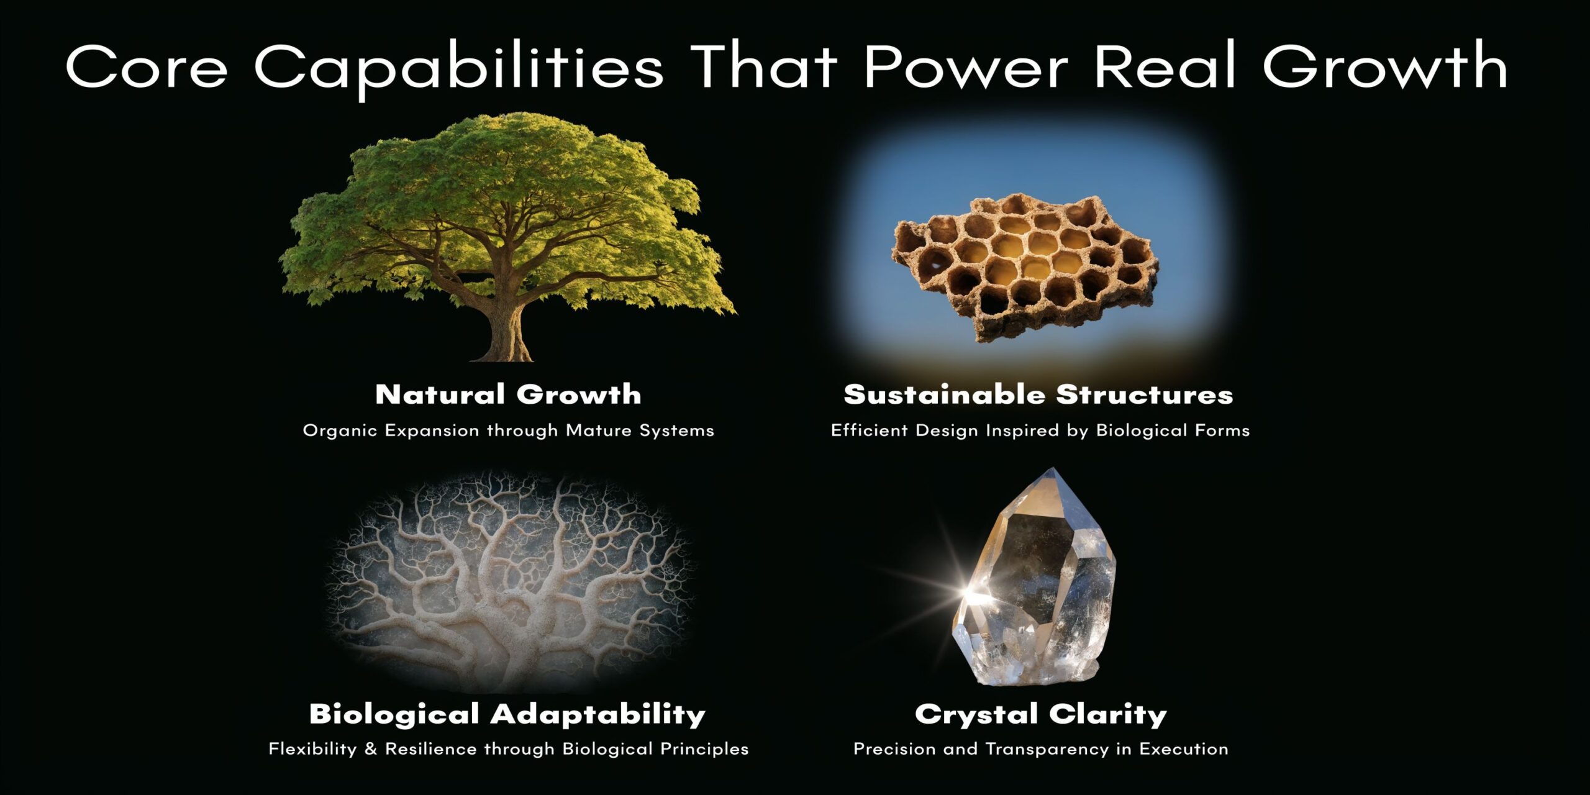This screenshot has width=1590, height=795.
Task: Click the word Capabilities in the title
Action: click(x=458, y=67)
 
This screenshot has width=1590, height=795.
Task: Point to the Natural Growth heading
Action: click(x=508, y=394)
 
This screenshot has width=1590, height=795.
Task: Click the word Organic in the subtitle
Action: click(x=340, y=430)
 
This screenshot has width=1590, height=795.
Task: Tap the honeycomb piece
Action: click(x=1025, y=267)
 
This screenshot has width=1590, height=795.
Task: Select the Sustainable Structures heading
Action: click(x=1038, y=394)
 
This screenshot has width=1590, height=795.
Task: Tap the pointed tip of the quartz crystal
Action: click(x=1052, y=472)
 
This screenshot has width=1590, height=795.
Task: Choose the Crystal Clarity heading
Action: click(x=1040, y=714)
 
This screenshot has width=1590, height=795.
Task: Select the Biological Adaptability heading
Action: click(x=507, y=714)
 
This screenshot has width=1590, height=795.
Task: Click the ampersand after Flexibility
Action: click(x=371, y=749)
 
